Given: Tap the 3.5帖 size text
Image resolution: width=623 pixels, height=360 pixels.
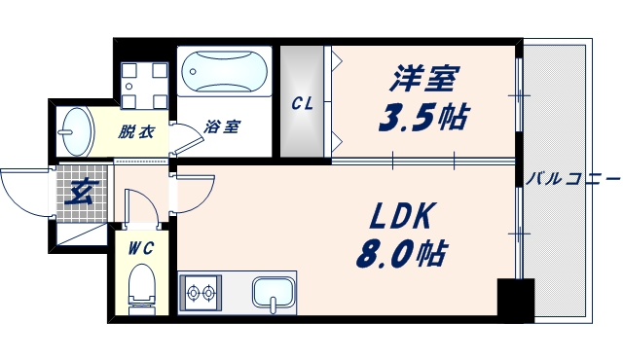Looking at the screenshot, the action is click(422, 118).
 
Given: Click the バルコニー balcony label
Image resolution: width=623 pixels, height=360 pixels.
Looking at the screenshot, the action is click(573, 180).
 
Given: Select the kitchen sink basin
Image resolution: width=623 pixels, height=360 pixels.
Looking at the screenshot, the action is click(274, 291).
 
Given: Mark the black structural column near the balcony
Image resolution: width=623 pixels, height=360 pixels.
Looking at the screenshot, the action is click(514, 298).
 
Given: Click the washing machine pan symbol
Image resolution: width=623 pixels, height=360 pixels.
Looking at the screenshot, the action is click(141, 86).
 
